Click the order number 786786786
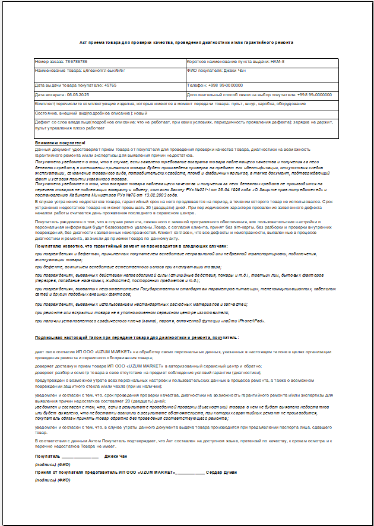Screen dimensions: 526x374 [x=77, y=61]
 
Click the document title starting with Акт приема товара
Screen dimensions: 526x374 [x=186, y=43]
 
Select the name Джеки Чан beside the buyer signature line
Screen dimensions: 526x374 [x=115, y=457]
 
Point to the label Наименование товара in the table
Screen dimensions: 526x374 [x=59, y=70]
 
